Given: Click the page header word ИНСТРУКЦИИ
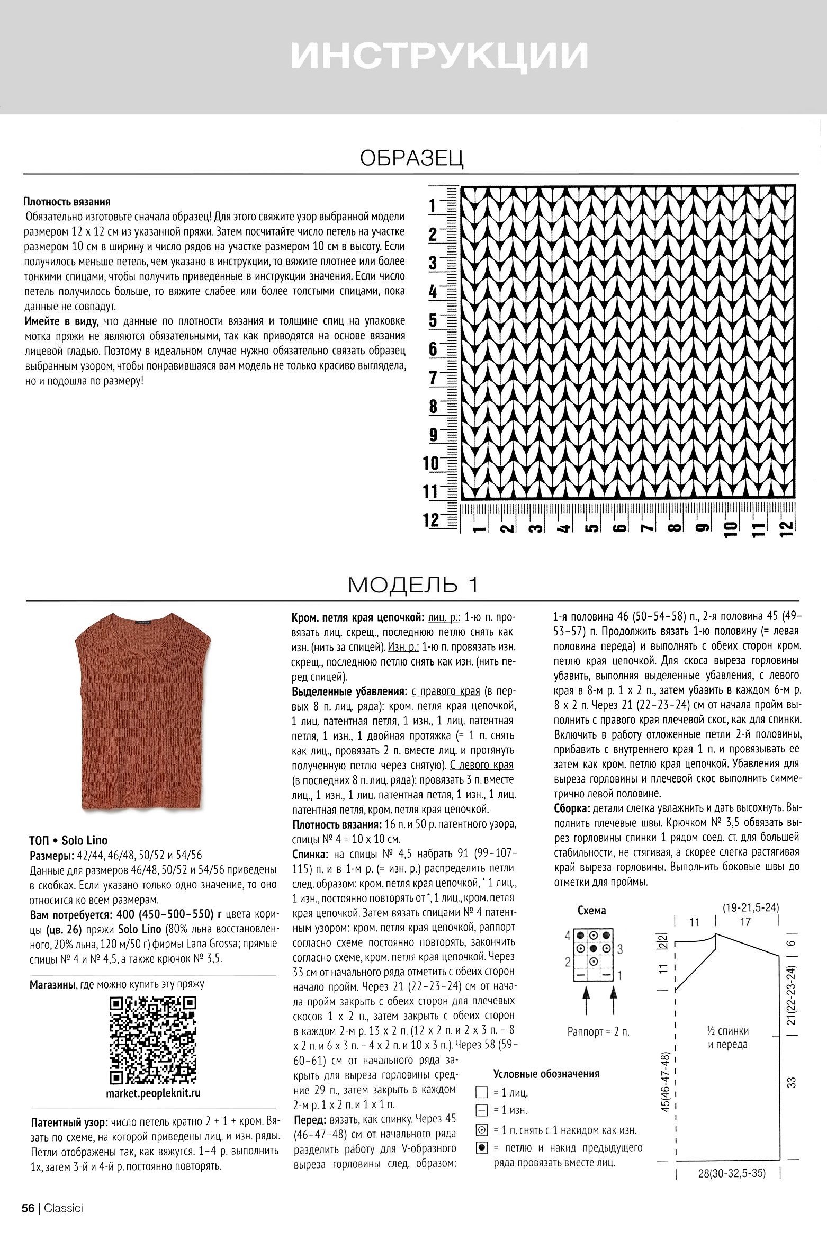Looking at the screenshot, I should click(439, 55).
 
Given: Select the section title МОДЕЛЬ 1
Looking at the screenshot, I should click(413, 585).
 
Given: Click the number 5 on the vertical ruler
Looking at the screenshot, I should click(433, 321).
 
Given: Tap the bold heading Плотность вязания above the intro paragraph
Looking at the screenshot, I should click(67, 202).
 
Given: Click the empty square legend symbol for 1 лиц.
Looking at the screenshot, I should click(481, 1092).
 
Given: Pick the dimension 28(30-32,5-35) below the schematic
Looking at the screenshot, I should click(731, 1173).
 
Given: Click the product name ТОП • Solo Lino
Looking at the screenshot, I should click(68, 840).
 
